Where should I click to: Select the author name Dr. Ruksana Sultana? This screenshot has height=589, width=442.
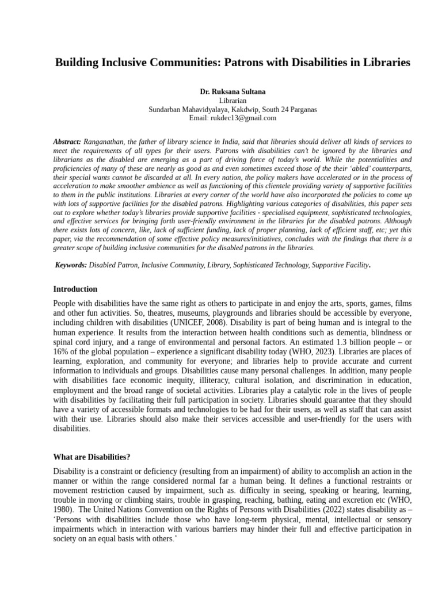pos(224,91)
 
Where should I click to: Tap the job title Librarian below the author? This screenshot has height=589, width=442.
pos(224,100)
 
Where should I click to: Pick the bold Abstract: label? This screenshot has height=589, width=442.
pos(67,141)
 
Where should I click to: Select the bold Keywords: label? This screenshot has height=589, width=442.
pos(71,265)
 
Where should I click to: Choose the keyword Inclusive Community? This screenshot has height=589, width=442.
pos(170,265)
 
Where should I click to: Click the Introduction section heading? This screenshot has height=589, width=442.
pos(75,289)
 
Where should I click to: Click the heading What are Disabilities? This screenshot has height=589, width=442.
pos(92,457)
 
